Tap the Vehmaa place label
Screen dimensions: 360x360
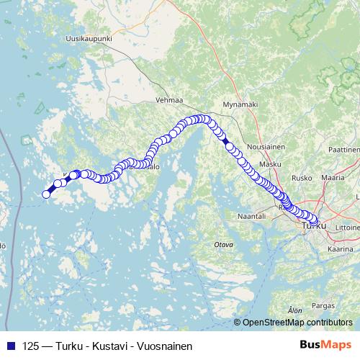(169, 101)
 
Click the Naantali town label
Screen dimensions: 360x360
(251, 215)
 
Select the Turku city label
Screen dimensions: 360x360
(315, 226)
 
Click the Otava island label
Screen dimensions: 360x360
(224, 245)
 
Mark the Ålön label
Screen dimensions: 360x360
(294, 310)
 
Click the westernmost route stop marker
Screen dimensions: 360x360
(47, 194)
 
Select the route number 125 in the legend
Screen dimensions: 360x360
(31, 346)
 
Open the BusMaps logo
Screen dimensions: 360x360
(325, 345)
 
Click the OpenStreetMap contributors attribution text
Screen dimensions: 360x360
(297, 322)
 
